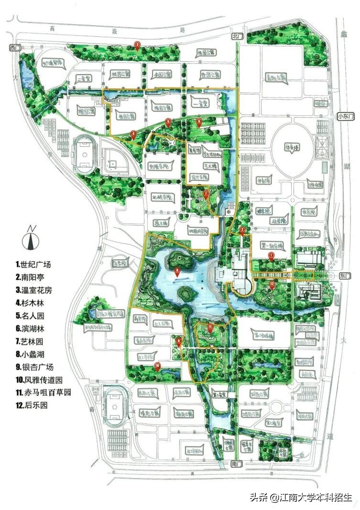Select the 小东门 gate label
pos(344,116)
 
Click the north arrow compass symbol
pos(32,237)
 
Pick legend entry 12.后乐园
pos(33,405)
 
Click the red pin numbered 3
pos(137,45)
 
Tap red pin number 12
pos(272,284)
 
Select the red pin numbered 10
pos(158,366)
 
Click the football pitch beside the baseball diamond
pos(86,156)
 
